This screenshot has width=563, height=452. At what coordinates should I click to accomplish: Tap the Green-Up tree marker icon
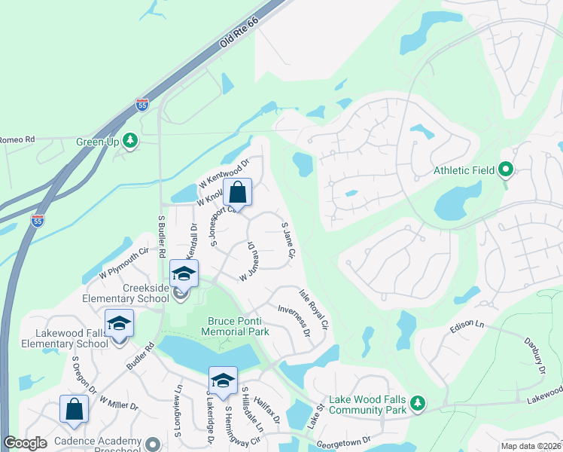(130, 140)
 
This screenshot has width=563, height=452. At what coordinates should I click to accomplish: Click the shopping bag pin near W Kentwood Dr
(237, 193)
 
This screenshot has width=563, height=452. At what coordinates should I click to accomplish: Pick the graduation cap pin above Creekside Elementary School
(184, 274)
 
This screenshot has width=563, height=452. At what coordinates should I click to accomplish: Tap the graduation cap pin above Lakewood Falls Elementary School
(119, 324)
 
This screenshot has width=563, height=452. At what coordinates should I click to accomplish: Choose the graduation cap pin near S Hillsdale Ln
(222, 381)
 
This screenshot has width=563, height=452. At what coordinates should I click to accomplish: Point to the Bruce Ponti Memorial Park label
(238, 326)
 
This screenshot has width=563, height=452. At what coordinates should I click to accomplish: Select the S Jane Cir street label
(287, 241)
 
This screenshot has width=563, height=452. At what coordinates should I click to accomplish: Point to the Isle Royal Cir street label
(314, 310)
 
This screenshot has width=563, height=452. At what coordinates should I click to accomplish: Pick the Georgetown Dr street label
(345, 443)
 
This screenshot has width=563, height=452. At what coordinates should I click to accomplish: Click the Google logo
(26, 443)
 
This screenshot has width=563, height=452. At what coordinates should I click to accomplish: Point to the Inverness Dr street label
(294, 320)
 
